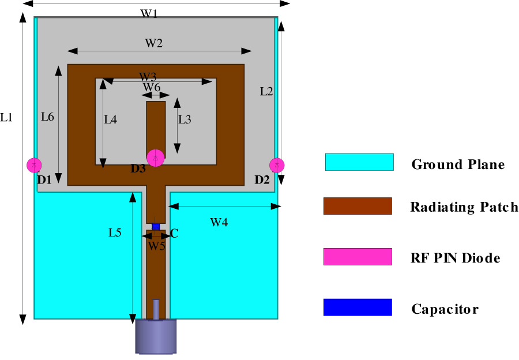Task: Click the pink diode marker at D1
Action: pyautogui.click(x=35, y=165)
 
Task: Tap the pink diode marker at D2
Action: pyautogui.click(x=277, y=165)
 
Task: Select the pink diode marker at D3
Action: pyautogui.click(x=155, y=157)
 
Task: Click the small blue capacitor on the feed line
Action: pyautogui.click(x=155, y=227)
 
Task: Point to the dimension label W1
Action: pyautogui.click(x=149, y=14)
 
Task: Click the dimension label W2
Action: pyautogui.click(x=153, y=43)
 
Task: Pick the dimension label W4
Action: pyautogui.click(x=219, y=222)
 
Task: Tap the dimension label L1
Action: pyautogui.click(x=6, y=118)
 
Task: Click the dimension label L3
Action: pyautogui.click(x=185, y=119)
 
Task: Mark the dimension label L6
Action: pyautogui.click(x=47, y=117)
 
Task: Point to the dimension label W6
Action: pyautogui.click(x=152, y=87)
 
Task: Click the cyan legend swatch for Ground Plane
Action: pyautogui.click(x=359, y=162)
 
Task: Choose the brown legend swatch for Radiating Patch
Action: pyautogui.click(x=358, y=206)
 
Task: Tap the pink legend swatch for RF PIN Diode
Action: pyautogui.click(x=358, y=257)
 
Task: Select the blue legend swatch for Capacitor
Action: pyautogui.click(x=358, y=307)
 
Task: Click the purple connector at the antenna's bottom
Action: pyautogui.click(x=156, y=337)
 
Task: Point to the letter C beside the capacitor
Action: pyautogui.click(x=174, y=233)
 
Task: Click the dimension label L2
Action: pyautogui.click(x=266, y=91)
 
